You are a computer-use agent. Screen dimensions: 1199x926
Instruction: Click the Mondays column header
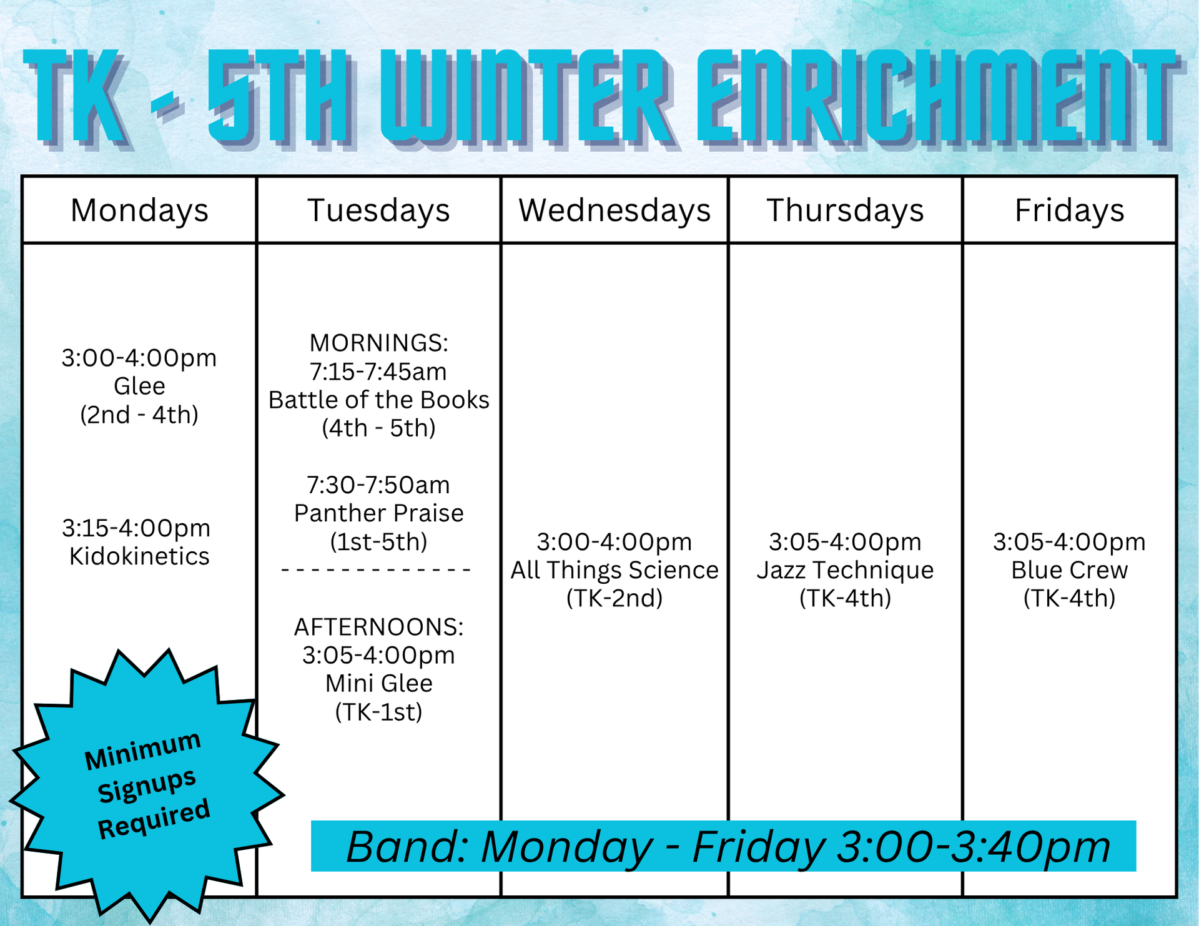coord(139,211)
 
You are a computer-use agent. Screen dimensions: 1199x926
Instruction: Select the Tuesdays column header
coord(378,211)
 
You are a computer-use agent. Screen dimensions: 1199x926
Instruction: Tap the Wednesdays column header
coord(614,211)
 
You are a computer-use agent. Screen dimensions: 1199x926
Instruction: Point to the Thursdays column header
coord(845,211)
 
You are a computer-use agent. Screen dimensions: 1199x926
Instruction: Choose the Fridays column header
coord(1069,211)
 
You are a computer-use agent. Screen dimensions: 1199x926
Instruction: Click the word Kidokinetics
coord(139,556)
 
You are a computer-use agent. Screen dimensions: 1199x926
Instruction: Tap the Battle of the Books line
coord(378,400)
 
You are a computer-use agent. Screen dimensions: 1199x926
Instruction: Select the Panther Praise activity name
coord(378,513)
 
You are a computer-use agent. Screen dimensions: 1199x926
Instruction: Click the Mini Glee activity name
coord(378,684)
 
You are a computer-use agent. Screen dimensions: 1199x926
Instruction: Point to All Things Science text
coord(614,570)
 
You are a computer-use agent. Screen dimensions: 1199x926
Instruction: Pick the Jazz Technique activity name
coord(845,570)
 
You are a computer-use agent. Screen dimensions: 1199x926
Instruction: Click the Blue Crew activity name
coord(1069,570)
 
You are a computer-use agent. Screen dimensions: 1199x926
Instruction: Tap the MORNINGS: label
coord(378,343)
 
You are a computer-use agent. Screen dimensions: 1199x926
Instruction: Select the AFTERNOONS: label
coord(378,627)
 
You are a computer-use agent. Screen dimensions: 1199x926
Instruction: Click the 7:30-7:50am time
coord(378,485)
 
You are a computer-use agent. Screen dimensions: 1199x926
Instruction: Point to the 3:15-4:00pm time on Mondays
coord(136,528)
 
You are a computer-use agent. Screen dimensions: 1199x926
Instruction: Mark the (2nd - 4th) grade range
coord(139,415)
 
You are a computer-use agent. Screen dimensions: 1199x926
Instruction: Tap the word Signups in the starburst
coord(147,785)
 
